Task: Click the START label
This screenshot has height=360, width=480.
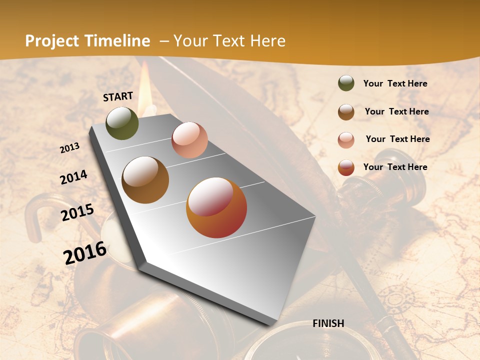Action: point(118,96)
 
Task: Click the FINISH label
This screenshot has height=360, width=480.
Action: point(328,323)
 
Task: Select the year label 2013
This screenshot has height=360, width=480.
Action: point(70,147)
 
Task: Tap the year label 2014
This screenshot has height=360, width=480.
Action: point(74,177)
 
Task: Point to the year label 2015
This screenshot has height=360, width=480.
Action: point(77,212)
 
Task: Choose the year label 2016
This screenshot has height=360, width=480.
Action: point(85,252)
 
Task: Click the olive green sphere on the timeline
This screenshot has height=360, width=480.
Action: point(122,123)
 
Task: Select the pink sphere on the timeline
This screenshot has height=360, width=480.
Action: point(189,140)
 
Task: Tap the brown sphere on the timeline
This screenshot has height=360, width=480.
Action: point(145,180)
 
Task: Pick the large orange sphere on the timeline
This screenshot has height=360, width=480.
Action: point(216,207)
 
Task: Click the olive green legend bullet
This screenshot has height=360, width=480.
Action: point(346,83)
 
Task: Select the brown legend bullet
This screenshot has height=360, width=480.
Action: point(346,112)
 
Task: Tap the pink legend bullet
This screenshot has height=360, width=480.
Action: point(346,139)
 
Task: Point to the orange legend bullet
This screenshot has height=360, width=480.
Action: point(346,167)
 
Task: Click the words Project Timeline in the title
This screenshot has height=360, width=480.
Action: point(87,41)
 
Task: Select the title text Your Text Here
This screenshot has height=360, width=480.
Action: point(229,41)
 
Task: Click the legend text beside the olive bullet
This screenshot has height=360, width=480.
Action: point(395,84)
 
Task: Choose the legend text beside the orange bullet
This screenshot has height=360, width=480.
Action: point(395,167)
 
